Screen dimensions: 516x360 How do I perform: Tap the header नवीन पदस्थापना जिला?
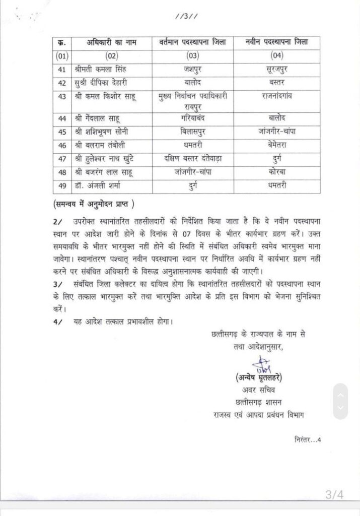pyautogui.click(x=271, y=42)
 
